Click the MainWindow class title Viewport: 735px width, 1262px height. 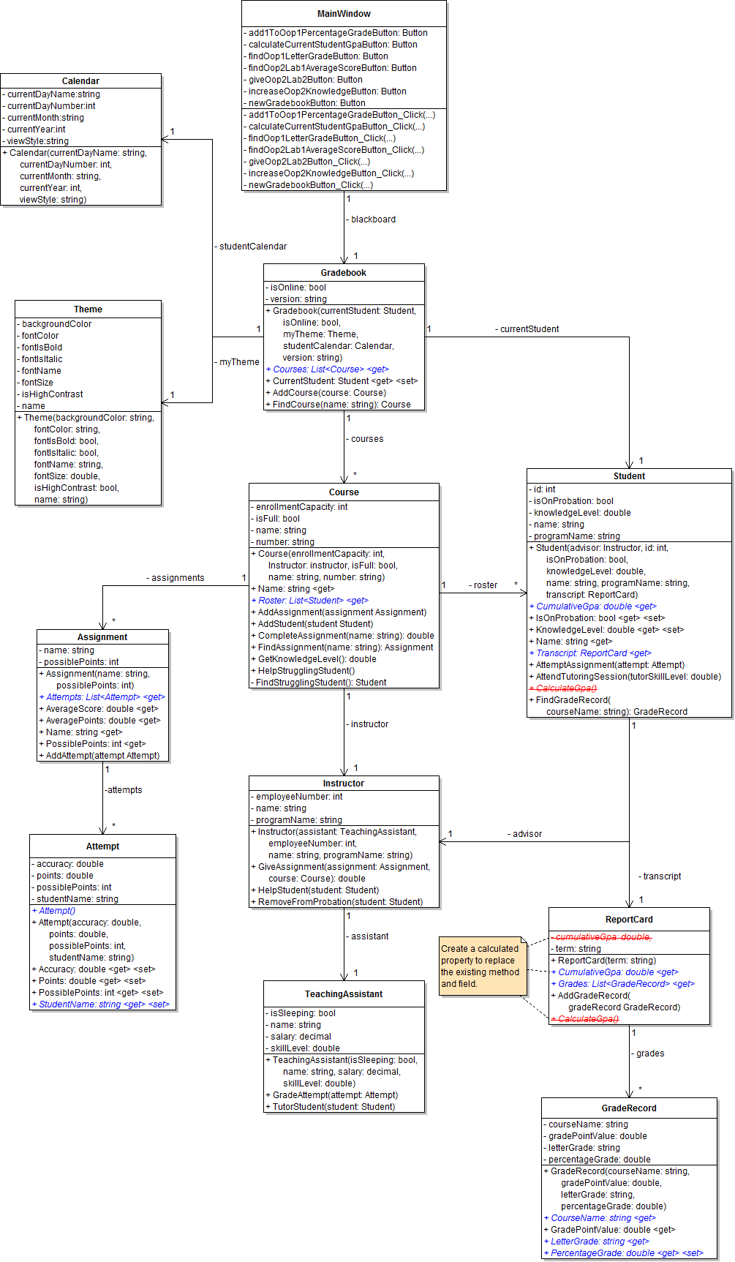(x=344, y=14)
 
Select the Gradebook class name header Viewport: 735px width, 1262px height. (x=344, y=273)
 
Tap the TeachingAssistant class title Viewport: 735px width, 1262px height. (x=344, y=994)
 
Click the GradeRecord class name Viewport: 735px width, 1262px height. (x=629, y=1108)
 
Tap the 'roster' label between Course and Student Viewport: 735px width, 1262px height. (x=484, y=585)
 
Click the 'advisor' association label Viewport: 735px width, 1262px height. (x=526, y=834)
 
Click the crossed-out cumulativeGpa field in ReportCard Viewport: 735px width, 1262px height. (x=602, y=937)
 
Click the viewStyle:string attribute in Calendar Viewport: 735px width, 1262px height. (x=37, y=141)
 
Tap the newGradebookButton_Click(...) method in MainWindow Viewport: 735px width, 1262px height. (x=310, y=185)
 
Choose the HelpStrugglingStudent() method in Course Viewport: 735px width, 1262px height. (x=306, y=671)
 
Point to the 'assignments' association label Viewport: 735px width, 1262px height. (x=176, y=578)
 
